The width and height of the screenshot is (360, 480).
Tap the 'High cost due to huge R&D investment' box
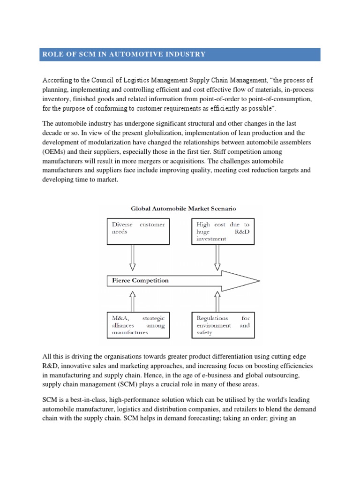[223, 231]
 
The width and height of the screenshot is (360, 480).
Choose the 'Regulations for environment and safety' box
[223, 325]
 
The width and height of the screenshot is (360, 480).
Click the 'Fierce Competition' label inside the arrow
[140, 281]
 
